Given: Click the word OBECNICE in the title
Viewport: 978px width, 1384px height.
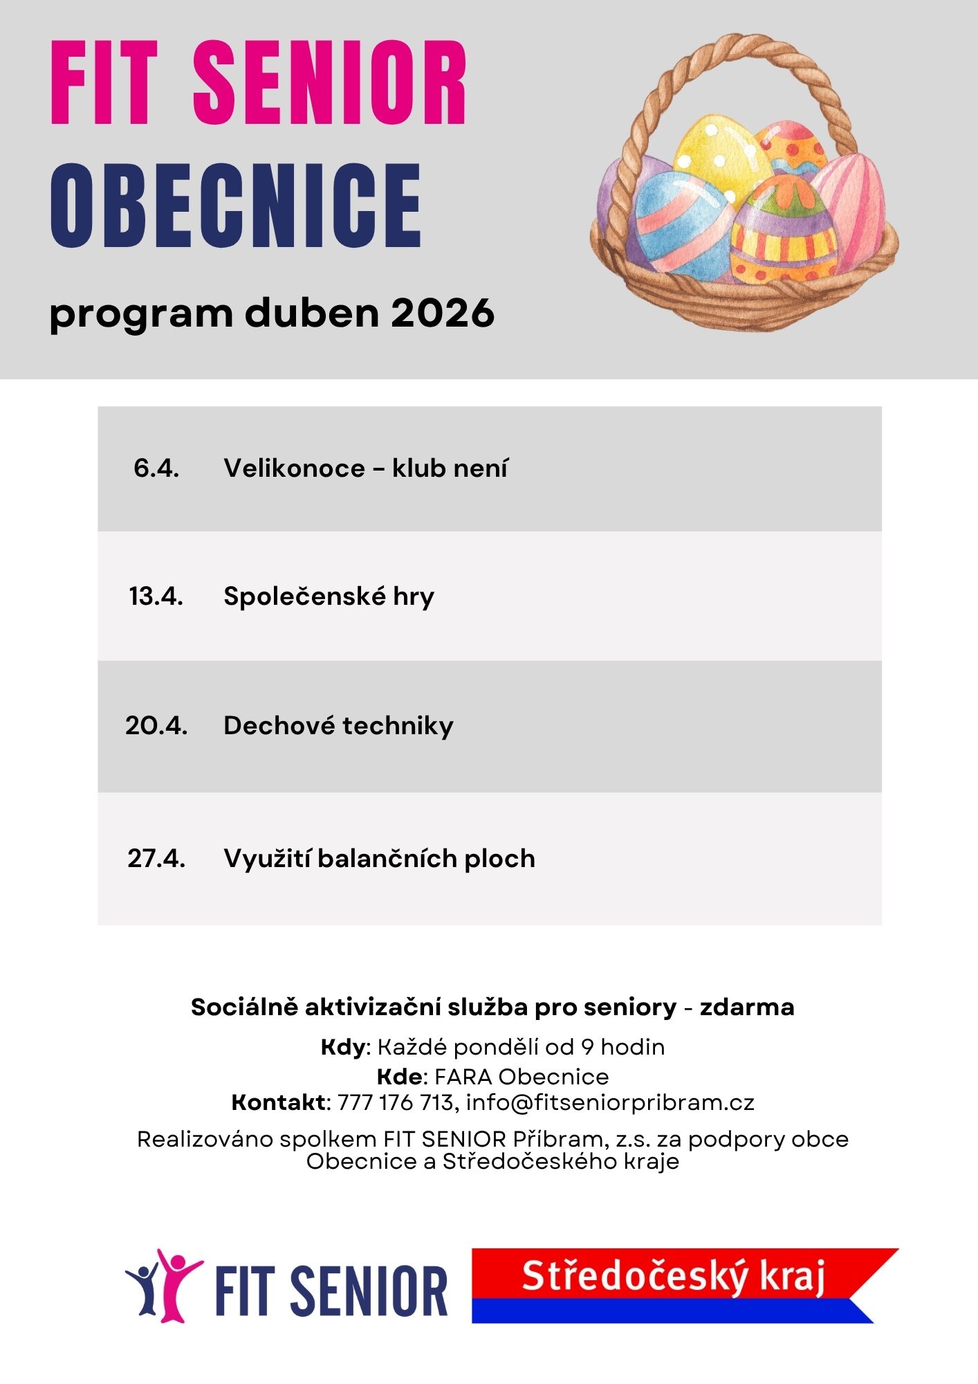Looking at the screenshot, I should tap(236, 206).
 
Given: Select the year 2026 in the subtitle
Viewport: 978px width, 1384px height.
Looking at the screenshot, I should tap(443, 313).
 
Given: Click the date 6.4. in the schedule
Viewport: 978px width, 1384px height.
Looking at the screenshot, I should tap(156, 468).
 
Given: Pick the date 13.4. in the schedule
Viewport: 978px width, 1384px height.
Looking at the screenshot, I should tap(156, 596).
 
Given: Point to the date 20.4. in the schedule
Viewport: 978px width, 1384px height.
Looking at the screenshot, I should tap(156, 725).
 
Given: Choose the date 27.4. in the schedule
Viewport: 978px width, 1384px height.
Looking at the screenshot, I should tap(156, 858).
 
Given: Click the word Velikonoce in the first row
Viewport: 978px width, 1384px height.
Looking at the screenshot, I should tap(294, 468).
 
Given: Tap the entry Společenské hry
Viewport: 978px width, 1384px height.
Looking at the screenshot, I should tap(329, 597).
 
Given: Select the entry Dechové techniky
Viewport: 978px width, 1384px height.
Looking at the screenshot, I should tap(338, 725).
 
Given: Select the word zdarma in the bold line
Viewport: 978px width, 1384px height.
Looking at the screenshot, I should tap(747, 1007).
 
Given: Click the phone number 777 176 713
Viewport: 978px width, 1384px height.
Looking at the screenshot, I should tap(395, 1102).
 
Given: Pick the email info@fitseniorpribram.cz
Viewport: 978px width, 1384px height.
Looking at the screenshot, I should tap(610, 1102).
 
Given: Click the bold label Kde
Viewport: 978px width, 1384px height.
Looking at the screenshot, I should tap(399, 1076).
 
